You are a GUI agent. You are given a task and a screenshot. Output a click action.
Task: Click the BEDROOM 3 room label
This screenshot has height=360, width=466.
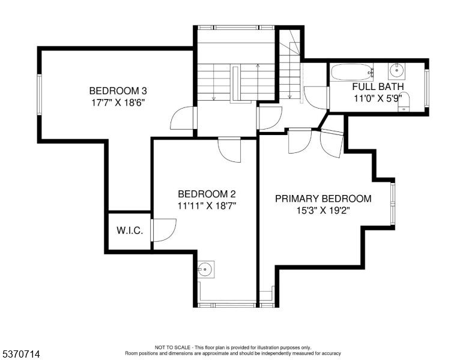tap(118, 91)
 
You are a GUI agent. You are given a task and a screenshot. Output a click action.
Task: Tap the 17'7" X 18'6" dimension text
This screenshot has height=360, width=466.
tap(118, 102)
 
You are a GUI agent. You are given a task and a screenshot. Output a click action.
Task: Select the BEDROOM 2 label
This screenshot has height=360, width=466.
tap(207, 194)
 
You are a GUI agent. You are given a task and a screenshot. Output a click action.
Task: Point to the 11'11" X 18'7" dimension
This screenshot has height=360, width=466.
tap(207, 205)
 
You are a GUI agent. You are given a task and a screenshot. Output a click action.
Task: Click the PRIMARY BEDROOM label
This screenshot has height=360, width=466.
tap(323, 199)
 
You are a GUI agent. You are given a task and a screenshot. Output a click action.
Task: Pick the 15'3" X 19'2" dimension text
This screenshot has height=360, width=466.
tap(323, 210)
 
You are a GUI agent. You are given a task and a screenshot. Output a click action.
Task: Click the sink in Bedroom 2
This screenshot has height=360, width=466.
tap(206, 269)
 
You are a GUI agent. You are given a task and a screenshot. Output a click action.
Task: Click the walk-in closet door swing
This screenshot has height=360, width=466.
tap(164, 230)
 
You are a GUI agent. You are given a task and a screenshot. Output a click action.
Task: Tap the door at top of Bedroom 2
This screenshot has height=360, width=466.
tap(229, 149)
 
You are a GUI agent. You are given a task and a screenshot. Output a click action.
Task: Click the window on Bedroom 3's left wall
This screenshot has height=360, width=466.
tap(40, 95)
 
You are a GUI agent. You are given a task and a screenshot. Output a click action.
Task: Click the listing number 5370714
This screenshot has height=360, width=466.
tap(20, 355)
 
